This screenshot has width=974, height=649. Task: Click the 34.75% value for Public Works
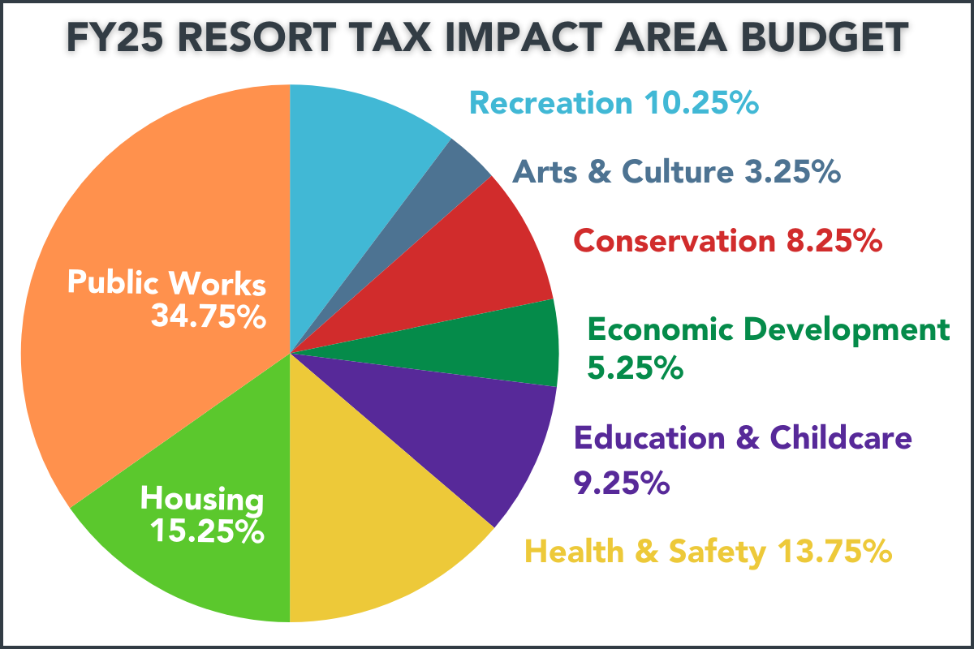tap(209, 316)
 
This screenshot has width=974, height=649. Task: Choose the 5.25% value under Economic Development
tap(634, 368)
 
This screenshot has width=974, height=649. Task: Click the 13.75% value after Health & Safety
tap(834, 552)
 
